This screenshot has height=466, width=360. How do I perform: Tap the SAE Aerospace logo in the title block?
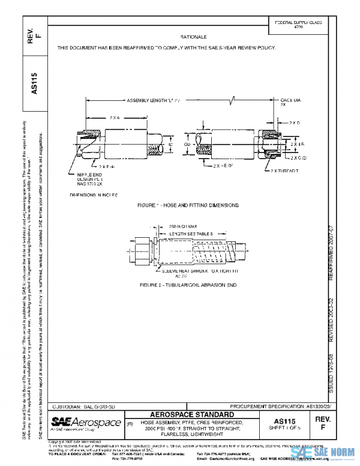[83, 423]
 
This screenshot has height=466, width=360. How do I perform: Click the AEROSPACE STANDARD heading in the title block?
[191, 415]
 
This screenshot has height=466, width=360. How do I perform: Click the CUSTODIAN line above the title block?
[82, 407]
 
